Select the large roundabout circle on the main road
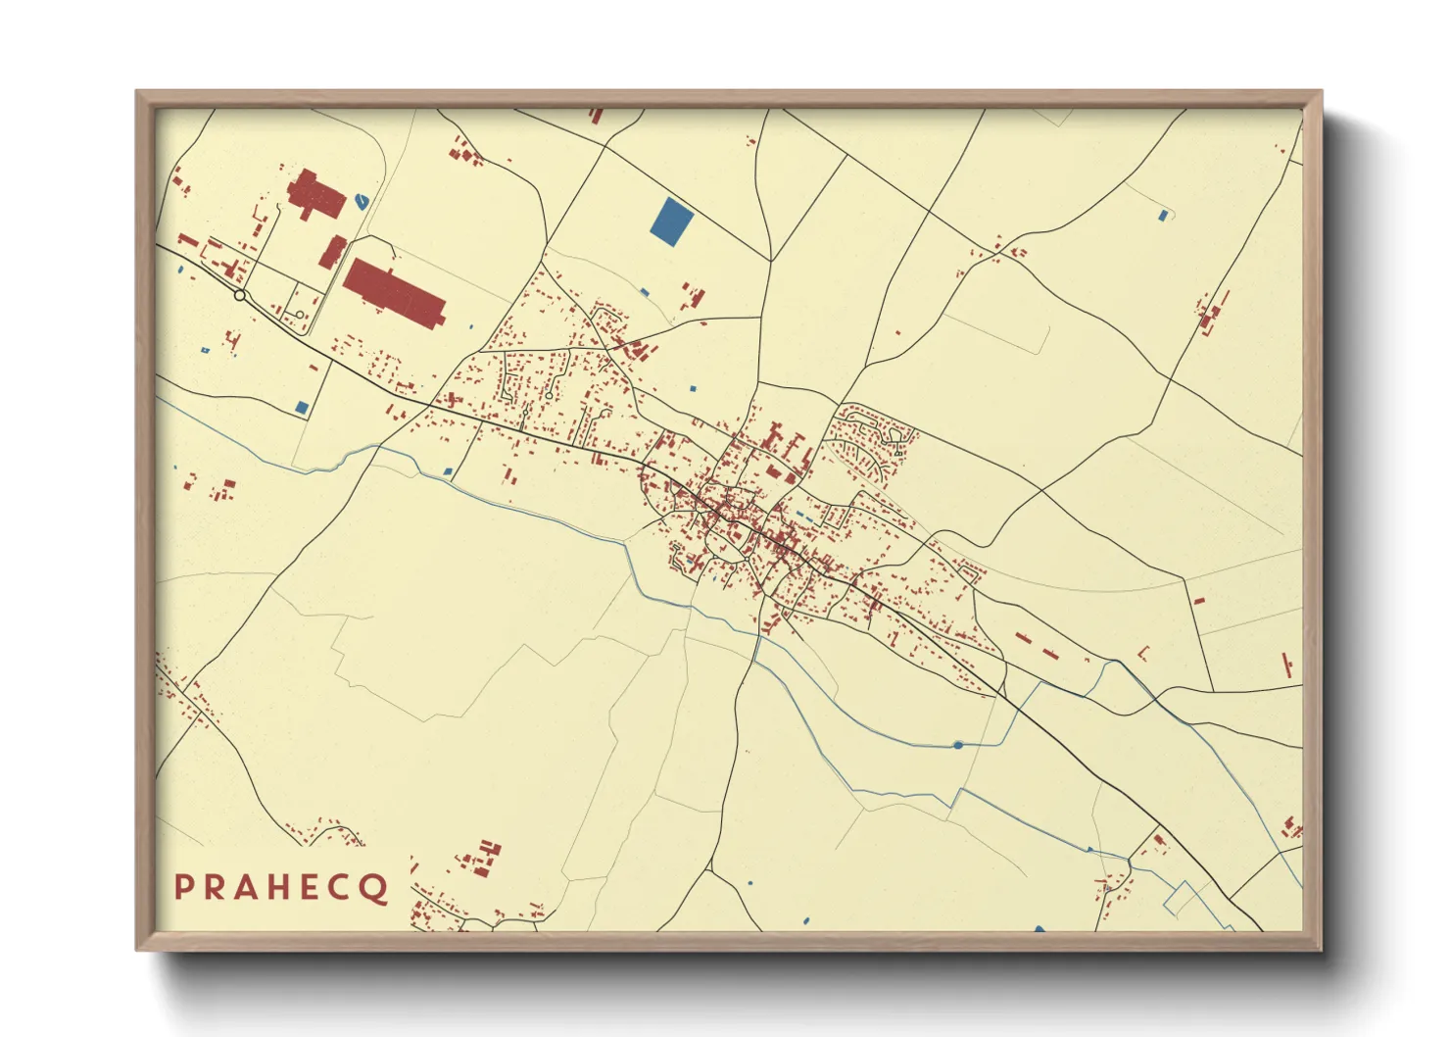(x=240, y=295)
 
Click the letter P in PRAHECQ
(x=183, y=887)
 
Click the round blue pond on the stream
(x=957, y=746)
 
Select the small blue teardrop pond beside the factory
(x=362, y=201)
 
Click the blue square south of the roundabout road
(x=302, y=407)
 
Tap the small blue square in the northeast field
(x=1163, y=215)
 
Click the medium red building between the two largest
(x=333, y=251)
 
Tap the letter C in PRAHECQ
(x=340, y=887)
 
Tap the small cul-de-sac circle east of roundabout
(x=549, y=395)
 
